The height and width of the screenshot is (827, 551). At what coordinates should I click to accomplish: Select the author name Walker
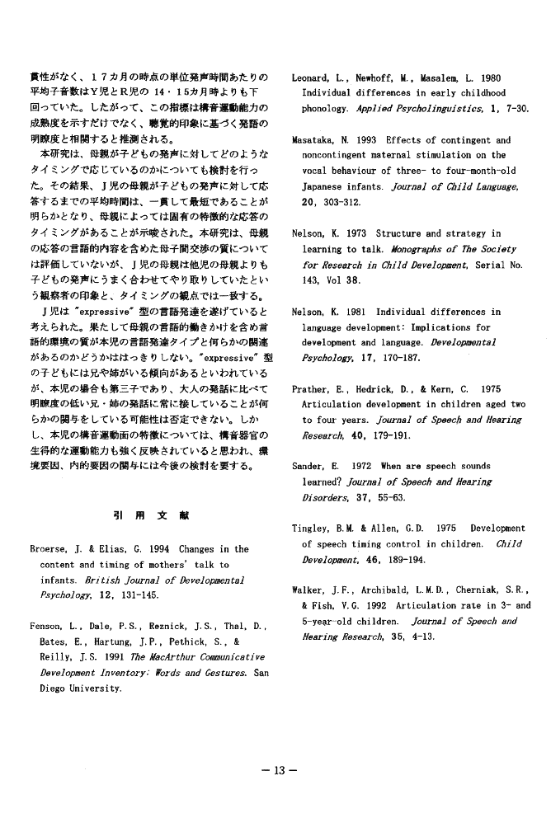pos(310,590)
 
